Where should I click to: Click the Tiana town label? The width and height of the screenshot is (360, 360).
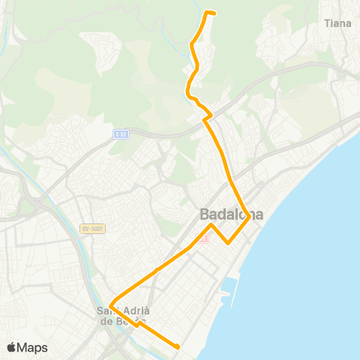click(337, 23)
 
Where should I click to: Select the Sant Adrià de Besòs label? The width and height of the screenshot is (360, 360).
click(124, 316)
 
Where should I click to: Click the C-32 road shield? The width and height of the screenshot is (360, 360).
click(122, 134)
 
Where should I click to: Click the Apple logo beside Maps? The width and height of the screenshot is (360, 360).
click(13, 347)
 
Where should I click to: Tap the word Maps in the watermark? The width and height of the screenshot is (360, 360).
click(34, 348)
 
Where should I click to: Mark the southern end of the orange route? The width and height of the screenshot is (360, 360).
click(178, 346)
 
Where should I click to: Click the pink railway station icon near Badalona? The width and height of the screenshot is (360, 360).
click(200, 238)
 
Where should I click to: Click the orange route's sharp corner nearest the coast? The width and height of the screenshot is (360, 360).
click(249, 218)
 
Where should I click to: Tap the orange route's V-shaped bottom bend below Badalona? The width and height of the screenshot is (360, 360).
click(229, 242)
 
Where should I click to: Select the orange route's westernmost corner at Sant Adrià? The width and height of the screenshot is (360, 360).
click(111, 304)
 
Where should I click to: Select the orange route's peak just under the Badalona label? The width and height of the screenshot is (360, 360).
click(212, 224)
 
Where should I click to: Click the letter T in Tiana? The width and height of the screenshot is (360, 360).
click(327, 23)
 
